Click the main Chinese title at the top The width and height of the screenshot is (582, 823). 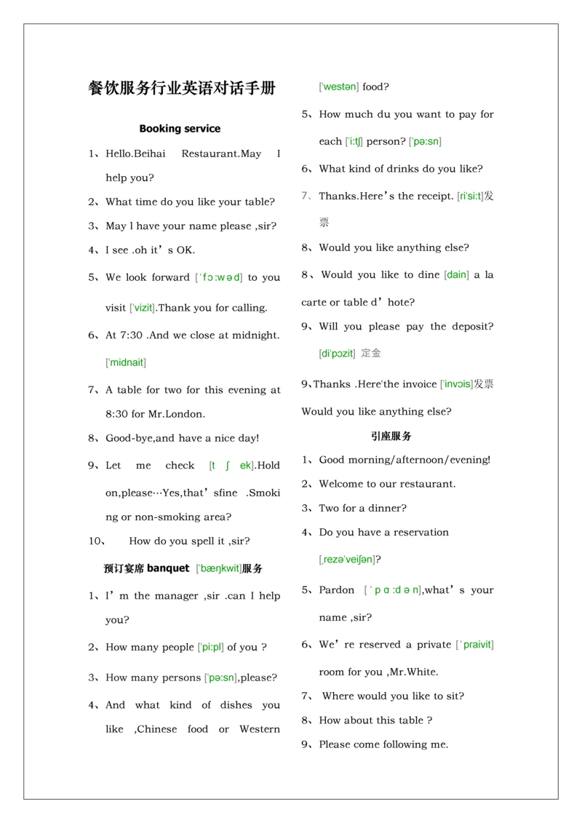click(x=182, y=89)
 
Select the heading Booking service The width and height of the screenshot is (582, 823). click(x=180, y=129)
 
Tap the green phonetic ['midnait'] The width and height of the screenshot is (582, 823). click(x=126, y=362)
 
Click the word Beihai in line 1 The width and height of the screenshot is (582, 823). click(x=149, y=154)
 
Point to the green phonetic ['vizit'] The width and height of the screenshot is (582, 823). click(x=142, y=308)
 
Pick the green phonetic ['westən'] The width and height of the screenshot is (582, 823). click(x=339, y=87)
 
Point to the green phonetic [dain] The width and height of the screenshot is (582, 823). click(x=457, y=275)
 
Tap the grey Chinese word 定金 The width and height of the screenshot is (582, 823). click(x=371, y=354)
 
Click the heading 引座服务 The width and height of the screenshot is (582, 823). click(x=391, y=437)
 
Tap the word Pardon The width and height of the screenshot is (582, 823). click(x=336, y=590)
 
